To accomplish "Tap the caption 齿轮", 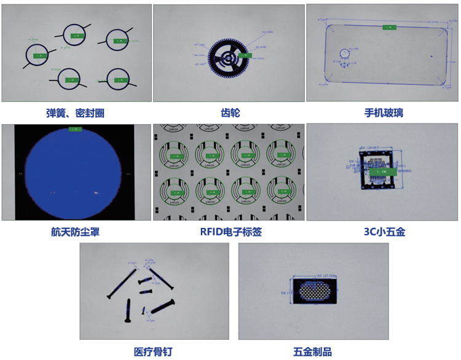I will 229,113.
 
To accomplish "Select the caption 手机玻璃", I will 384,113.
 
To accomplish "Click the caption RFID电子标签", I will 229,232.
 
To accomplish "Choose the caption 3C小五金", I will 384,232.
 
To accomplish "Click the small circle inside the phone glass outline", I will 345,54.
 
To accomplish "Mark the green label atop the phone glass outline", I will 389,28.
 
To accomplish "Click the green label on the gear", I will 245,55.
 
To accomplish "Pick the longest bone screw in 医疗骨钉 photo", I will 159,278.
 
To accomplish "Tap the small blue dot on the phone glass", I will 431,57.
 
